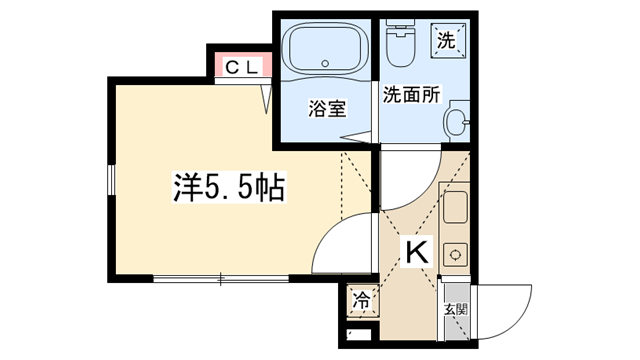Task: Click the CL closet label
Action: tap(243, 67)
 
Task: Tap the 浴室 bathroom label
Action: tap(327, 109)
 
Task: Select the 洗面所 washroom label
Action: tap(411, 95)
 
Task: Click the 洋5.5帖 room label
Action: tap(229, 187)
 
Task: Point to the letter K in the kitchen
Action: tap(417, 252)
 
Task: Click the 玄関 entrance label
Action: tap(456, 309)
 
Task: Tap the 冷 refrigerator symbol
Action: tap(362, 302)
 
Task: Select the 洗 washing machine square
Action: tap(447, 40)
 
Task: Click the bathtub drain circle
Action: tap(325, 63)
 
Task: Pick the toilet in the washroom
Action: tap(400, 43)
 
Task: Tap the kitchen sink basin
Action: tap(455, 207)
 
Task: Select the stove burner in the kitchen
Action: tap(455, 255)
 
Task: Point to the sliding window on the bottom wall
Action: tap(221, 279)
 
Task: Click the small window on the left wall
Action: tap(111, 179)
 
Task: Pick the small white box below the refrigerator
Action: tap(359, 334)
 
